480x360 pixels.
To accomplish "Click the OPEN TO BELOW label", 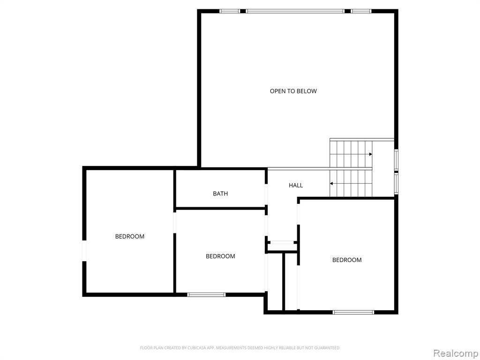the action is click(x=293, y=91).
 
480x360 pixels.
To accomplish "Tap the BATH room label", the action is click(x=220, y=194).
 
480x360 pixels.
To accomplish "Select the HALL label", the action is click(x=296, y=185).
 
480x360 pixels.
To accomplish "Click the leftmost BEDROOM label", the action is click(x=130, y=236).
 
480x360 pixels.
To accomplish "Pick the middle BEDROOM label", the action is click(x=220, y=256).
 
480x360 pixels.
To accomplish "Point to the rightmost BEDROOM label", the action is click(x=347, y=260).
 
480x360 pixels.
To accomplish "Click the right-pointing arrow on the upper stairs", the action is click(x=370, y=154).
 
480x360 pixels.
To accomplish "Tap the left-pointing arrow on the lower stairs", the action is click(x=331, y=184).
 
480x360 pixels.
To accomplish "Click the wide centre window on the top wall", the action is click(x=295, y=11).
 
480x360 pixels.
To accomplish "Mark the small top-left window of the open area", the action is click(x=230, y=11).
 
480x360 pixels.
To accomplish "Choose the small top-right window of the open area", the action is click(x=361, y=11).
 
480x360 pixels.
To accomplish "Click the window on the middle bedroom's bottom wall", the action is click(x=206, y=295).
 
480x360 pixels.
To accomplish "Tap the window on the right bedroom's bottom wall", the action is click(x=353, y=313).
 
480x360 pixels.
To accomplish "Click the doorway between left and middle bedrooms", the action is click(x=175, y=223).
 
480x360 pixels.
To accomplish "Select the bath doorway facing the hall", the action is click(x=266, y=194).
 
